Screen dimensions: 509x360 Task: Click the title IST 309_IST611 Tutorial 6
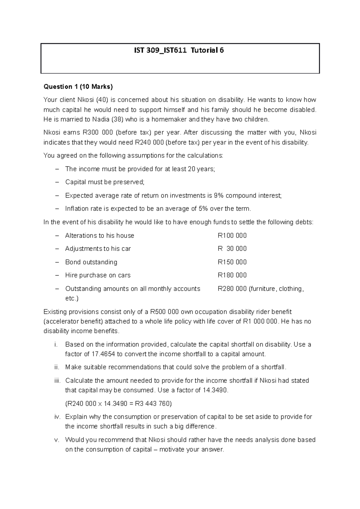coord(179,50)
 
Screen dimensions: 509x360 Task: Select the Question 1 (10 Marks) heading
coord(78,87)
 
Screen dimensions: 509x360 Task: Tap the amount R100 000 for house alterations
coord(232,236)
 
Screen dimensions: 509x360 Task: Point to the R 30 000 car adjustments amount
coord(232,249)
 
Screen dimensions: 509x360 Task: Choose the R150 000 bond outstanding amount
coord(232,262)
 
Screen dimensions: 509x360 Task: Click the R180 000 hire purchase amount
coord(232,275)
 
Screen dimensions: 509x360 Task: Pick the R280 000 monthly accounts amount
coord(232,289)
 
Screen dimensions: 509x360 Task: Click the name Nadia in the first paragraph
coord(101,120)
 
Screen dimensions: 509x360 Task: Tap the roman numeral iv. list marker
coord(57,417)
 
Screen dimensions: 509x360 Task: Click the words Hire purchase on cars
coord(98,275)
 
